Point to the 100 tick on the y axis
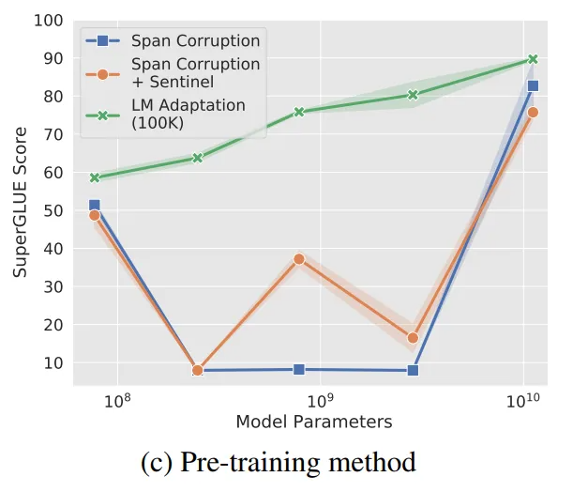coord(51,20)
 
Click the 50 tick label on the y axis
coord(54,210)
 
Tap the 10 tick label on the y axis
coord(54,362)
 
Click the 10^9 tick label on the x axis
coord(320,401)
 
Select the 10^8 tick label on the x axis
coord(117,401)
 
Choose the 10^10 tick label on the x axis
coord(523,401)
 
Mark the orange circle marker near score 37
coord(298,259)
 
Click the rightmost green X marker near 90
coord(533,59)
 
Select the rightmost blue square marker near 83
coord(533,85)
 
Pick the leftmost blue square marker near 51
coord(94,206)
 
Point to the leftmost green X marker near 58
coord(94,177)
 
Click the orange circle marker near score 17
coord(413,338)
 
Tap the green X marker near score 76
coord(298,112)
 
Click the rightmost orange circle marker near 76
coord(533,113)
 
